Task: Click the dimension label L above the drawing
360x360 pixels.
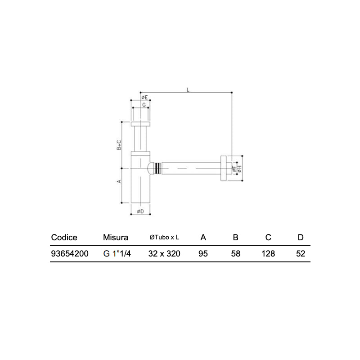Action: (189, 90)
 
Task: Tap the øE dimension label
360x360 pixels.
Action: (144, 97)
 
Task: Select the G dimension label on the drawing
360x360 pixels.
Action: (144, 104)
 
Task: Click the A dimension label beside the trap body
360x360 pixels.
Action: (119, 181)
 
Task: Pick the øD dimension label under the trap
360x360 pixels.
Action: (140, 211)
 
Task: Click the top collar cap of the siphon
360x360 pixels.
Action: (141, 124)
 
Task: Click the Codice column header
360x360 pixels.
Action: (64, 238)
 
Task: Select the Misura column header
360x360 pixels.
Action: (116, 238)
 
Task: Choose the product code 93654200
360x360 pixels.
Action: (70, 254)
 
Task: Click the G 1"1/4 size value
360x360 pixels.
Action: (117, 254)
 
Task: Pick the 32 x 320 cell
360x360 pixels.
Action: (164, 254)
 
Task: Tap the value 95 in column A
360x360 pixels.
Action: (203, 254)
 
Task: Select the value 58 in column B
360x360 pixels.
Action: (235, 254)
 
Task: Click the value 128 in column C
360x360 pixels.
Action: (268, 254)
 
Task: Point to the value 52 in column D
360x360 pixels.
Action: (301, 254)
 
